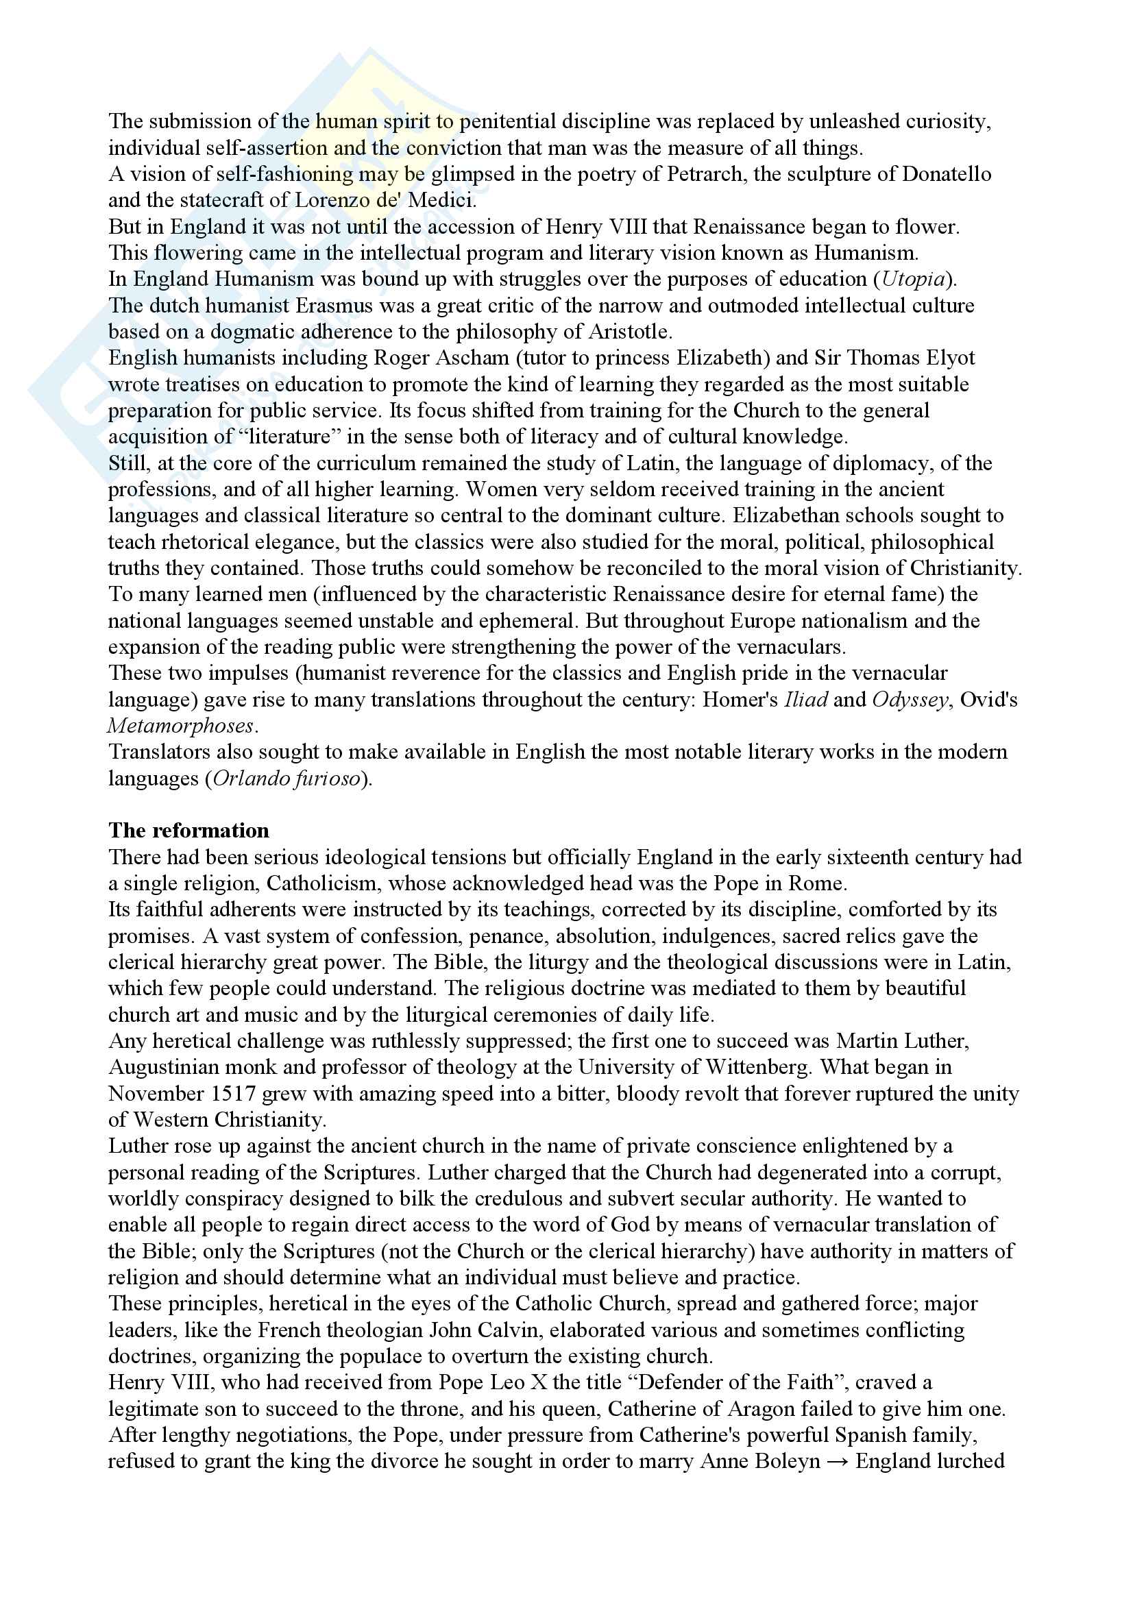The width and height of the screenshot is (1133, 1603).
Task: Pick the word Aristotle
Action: (629, 332)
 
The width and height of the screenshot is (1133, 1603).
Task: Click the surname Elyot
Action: (947, 358)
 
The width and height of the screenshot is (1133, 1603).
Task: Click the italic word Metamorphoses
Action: (181, 726)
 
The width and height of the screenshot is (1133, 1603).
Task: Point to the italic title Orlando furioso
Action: (287, 779)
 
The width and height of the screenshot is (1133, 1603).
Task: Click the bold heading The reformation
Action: (188, 830)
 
